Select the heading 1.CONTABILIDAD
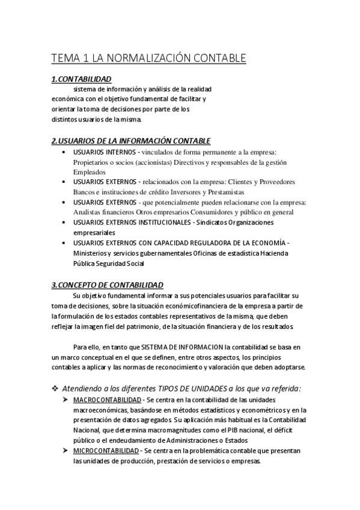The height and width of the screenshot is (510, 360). (81, 79)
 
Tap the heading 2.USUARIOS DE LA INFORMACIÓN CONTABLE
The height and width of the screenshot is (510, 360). (130, 141)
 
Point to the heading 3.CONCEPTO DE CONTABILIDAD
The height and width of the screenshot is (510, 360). (107, 284)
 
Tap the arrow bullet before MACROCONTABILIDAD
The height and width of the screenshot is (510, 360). (65, 399)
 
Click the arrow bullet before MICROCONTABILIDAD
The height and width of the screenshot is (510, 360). (65, 450)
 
